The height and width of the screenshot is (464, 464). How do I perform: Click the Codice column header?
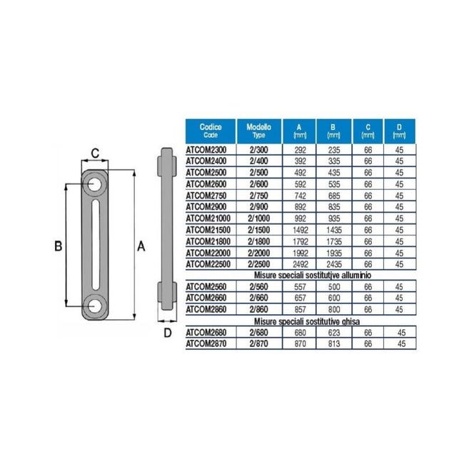[x=211, y=131]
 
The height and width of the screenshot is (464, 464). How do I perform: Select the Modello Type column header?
[x=258, y=131]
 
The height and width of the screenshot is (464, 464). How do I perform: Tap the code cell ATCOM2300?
[x=206, y=150]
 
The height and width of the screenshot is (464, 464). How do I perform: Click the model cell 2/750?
[x=258, y=196]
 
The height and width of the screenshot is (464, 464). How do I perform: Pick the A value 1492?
[x=300, y=231]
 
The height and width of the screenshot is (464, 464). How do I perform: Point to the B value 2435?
[x=334, y=264]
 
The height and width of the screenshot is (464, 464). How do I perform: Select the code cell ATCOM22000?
[x=208, y=253]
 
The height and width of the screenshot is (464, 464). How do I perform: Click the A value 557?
[x=300, y=287]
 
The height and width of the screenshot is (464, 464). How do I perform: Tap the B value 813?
[x=334, y=344]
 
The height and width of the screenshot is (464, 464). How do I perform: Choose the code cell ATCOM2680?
[x=206, y=333]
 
